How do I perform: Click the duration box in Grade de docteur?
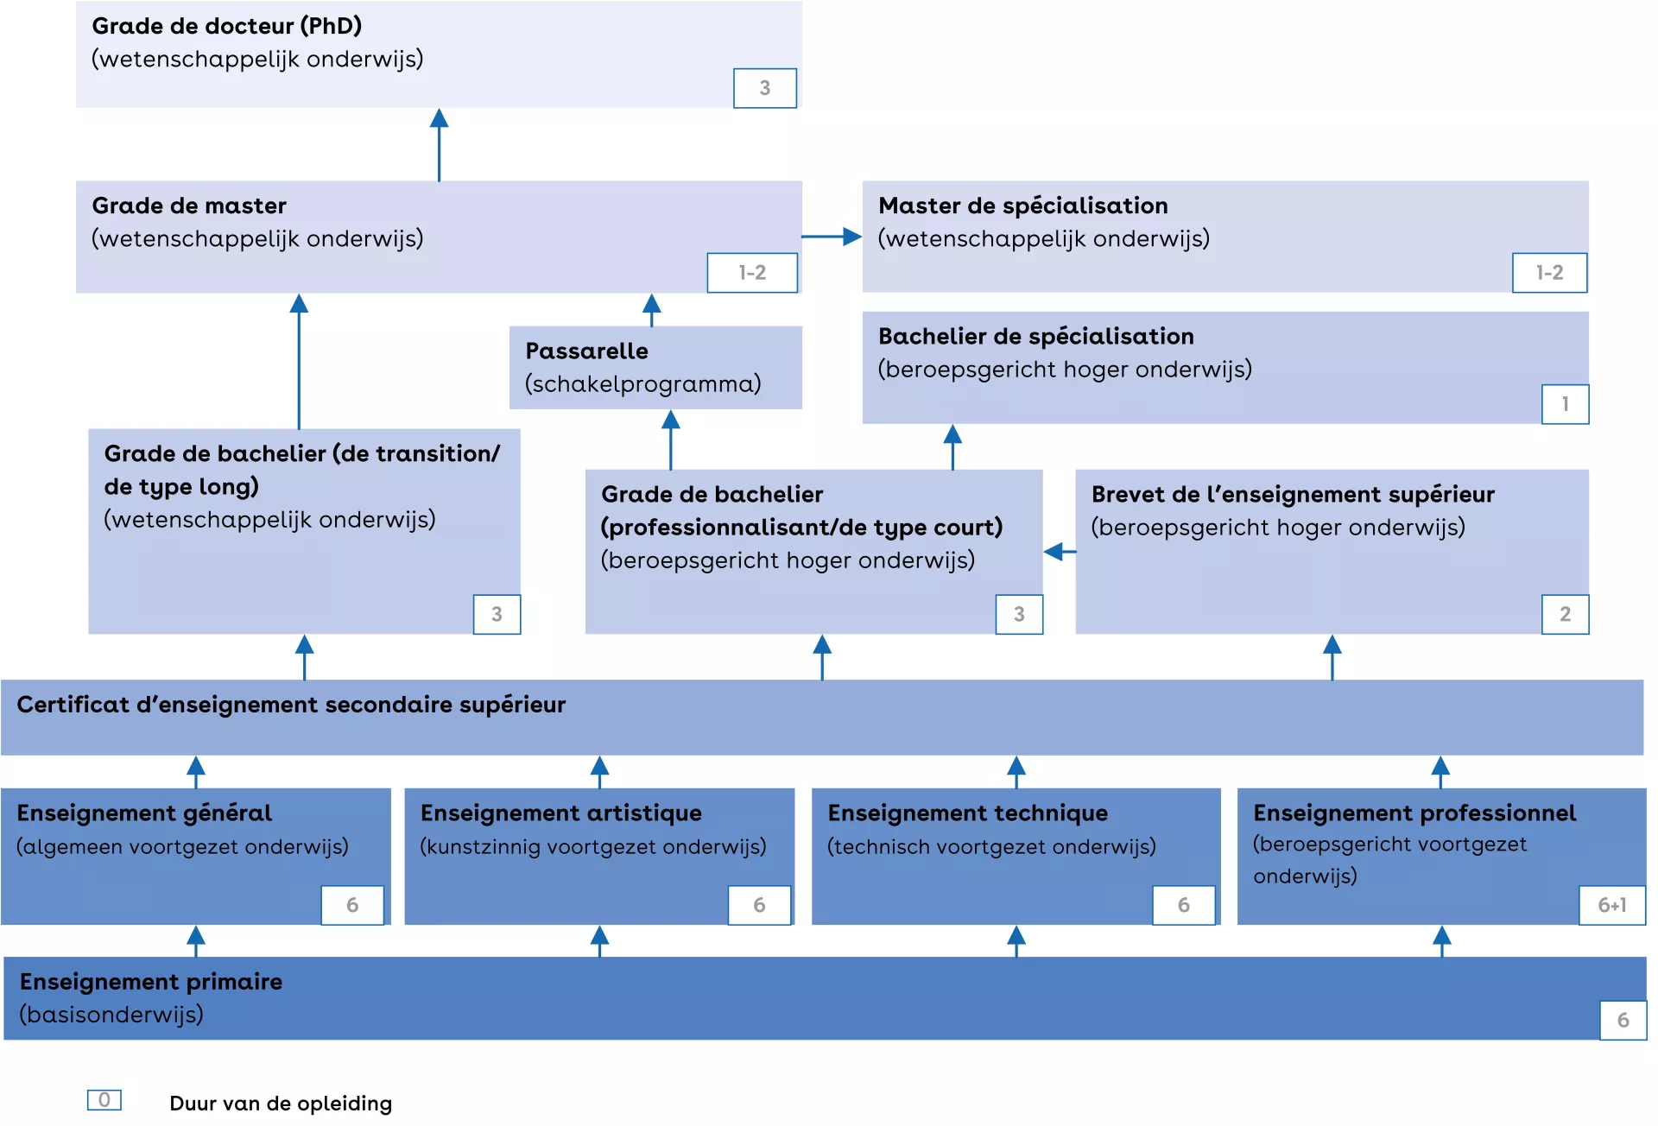click(x=764, y=88)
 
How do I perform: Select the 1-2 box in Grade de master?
click(x=751, y=273)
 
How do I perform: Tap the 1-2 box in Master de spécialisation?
click(x=1549, y=273)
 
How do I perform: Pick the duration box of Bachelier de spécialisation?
click(x=1565, y=404)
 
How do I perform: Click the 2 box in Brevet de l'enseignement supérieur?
click(x=1565, y=614)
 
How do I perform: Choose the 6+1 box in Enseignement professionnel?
click(x=1611, y=905)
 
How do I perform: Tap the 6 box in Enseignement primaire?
click(x=1623, y=1020)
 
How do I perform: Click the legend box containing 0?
click(x=104, y=1100)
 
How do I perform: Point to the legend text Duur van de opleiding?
click(x=281, y=1104)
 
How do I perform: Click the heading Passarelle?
click(x=586, y=351)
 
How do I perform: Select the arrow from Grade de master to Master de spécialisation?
click(x=832, y=237)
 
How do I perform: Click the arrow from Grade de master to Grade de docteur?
click(x=439, y=144)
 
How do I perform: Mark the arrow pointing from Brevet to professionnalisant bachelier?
click(x=1060, y=552)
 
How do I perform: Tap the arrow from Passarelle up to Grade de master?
click(x=652, y=309)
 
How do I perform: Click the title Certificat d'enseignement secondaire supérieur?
click(x=291, y=705)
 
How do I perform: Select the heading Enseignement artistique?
click(x=560, y=813)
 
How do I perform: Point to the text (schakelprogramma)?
click(x=643, y=384)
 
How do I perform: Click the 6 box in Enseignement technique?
click(x=1183, y=905)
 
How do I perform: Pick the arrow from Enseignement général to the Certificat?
click(x=196, y=771)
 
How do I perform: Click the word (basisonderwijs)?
click(x=111, y=1015)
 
